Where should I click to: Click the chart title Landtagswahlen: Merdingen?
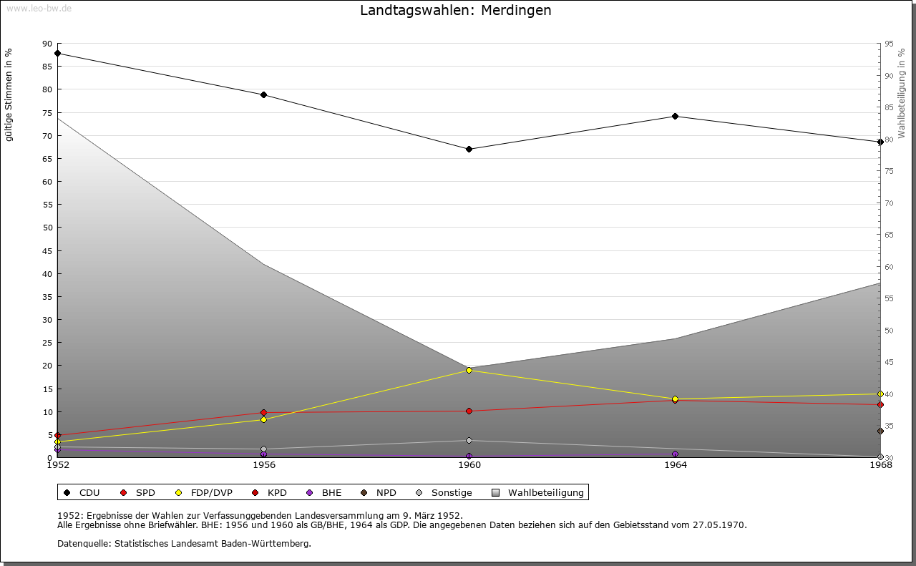[456, 11]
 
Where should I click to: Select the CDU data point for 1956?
[263, 94]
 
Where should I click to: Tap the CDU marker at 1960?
[469, 149]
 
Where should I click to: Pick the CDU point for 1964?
[675, 116]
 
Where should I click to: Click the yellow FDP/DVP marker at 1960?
[469, 370]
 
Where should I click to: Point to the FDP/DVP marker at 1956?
[263, 419]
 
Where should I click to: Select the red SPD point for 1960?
[469, 411]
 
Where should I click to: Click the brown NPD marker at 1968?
[880, 431]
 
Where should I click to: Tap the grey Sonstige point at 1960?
[469, 440]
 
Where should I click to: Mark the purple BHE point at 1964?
[675, 454]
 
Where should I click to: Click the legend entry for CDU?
[82, 492]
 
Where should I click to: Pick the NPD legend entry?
[379, 492]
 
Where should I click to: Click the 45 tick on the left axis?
[47, 250]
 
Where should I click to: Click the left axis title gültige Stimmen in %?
[9, 95]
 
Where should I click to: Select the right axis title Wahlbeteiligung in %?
[902, 94]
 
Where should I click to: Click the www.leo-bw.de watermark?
[38, 8]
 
